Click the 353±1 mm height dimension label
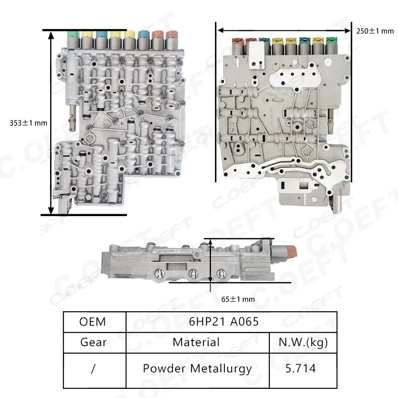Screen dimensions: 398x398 point(28,123)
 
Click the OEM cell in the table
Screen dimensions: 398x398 point(94,321)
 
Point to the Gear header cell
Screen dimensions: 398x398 point(94,342)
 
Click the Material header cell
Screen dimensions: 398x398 point(196,342)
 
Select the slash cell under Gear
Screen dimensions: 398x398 point(94,368)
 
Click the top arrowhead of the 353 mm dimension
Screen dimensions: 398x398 point(51,33)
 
